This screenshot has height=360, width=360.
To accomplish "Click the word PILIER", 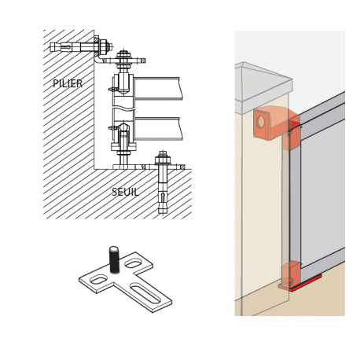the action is (68, 83).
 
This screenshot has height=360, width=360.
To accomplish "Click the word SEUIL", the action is (125, 192).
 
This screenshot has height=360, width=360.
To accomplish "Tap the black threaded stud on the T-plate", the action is (114, 259).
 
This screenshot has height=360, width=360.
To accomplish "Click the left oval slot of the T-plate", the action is (99, 280).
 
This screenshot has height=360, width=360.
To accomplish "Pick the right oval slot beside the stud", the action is (134, 263).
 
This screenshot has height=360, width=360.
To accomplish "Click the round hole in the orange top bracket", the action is (260, 121).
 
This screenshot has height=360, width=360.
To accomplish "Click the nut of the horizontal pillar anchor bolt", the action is (104, 46).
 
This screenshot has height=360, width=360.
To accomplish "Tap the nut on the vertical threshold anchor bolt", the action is (163, 160).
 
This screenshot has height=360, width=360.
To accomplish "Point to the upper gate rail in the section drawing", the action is (158, 89).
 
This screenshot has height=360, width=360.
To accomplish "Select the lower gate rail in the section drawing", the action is (158, 129).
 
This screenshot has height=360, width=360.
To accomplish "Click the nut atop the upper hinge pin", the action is (123, 55).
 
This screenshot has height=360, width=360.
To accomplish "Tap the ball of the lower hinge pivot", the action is (123, 127).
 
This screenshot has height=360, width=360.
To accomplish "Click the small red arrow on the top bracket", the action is (296, 123).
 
